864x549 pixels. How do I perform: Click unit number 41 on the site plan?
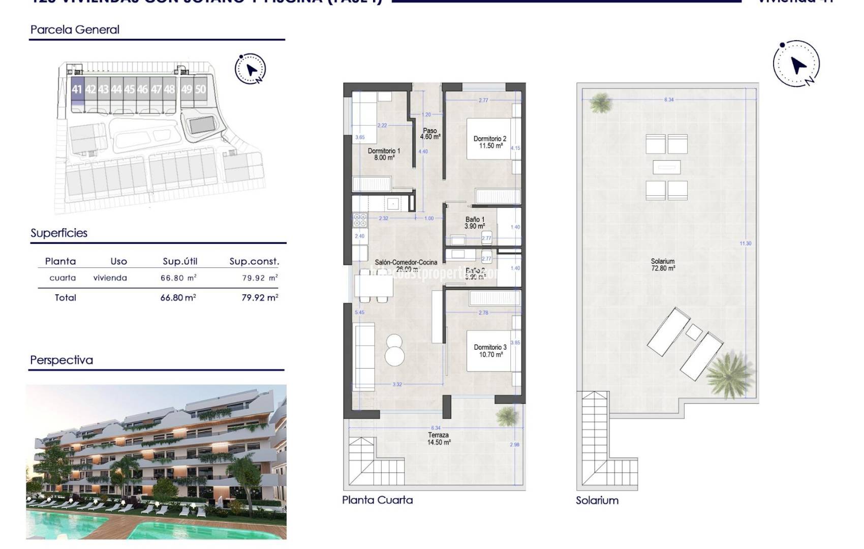77,90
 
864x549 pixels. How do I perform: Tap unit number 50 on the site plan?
201,89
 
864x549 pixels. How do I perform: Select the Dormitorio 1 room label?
384,154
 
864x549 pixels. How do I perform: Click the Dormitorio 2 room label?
490,142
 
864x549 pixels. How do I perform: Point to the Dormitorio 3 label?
490,351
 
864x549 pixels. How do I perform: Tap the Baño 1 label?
475,223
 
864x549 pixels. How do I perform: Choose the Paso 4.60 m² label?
430,134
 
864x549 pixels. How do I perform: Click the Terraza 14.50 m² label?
439,439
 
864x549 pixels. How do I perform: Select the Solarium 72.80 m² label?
663,265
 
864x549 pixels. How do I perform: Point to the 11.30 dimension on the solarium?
745,243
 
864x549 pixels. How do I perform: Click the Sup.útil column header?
180,261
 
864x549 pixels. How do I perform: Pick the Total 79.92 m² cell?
260,298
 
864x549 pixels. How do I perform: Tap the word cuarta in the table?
63,278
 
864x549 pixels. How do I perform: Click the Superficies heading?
59,233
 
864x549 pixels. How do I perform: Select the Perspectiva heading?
61,360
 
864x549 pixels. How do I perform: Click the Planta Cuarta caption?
377,500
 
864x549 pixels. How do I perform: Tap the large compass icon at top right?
796,64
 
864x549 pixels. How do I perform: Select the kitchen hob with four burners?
360,220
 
